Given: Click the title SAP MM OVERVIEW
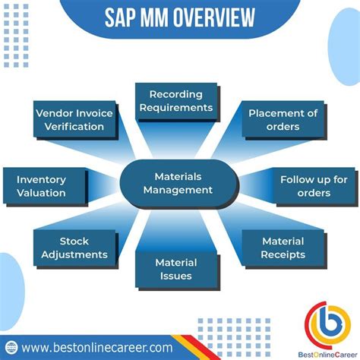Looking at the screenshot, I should pos(179,16).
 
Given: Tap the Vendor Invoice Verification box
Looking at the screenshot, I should pos(74,119).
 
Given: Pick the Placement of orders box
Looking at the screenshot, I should pos(283,119).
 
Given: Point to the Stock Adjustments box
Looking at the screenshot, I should pos(73,248).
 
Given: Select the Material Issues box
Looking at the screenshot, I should pos(175,268).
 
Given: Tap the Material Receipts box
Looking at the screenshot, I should pos(283,248).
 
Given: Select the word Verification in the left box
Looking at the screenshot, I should pos(74,126).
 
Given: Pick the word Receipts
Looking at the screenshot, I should pos(283,254).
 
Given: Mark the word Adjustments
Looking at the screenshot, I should pos(73,254).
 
